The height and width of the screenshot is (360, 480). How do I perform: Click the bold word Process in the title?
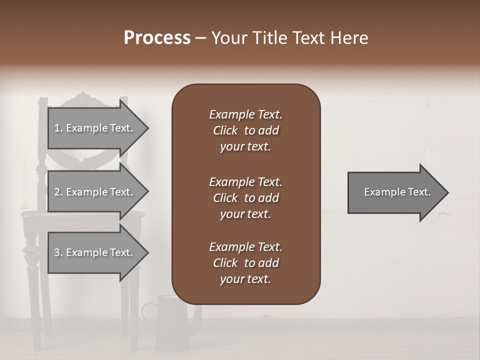(x=157, y=38)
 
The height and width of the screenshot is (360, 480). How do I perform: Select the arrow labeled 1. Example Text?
(x=94, y=128)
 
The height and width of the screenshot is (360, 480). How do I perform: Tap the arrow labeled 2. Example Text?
(x=94, y=192)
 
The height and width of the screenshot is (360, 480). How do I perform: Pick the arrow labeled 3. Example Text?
(x=94, y=252)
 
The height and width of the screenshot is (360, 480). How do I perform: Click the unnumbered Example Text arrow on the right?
(x=397, y=192)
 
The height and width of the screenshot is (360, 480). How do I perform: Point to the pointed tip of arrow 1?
(x=147, y=128)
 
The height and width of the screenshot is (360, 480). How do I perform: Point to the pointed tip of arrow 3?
(x=147, y=252)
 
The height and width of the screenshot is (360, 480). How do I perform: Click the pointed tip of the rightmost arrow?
(x=447, y=192)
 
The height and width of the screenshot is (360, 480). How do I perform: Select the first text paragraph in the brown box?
(x=245, y=130)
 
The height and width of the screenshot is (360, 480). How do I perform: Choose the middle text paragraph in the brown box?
(x=245, y=198)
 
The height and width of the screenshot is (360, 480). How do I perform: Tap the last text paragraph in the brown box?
(x=245, y=263)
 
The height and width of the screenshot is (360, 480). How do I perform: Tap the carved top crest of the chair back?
(x=82, y=97)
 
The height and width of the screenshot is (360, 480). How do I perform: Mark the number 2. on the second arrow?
(x=58, y=192)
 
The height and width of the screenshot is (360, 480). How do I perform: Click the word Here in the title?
(x=350, y=38)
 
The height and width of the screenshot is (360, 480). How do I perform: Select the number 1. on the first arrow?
(x=58, y=128)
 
